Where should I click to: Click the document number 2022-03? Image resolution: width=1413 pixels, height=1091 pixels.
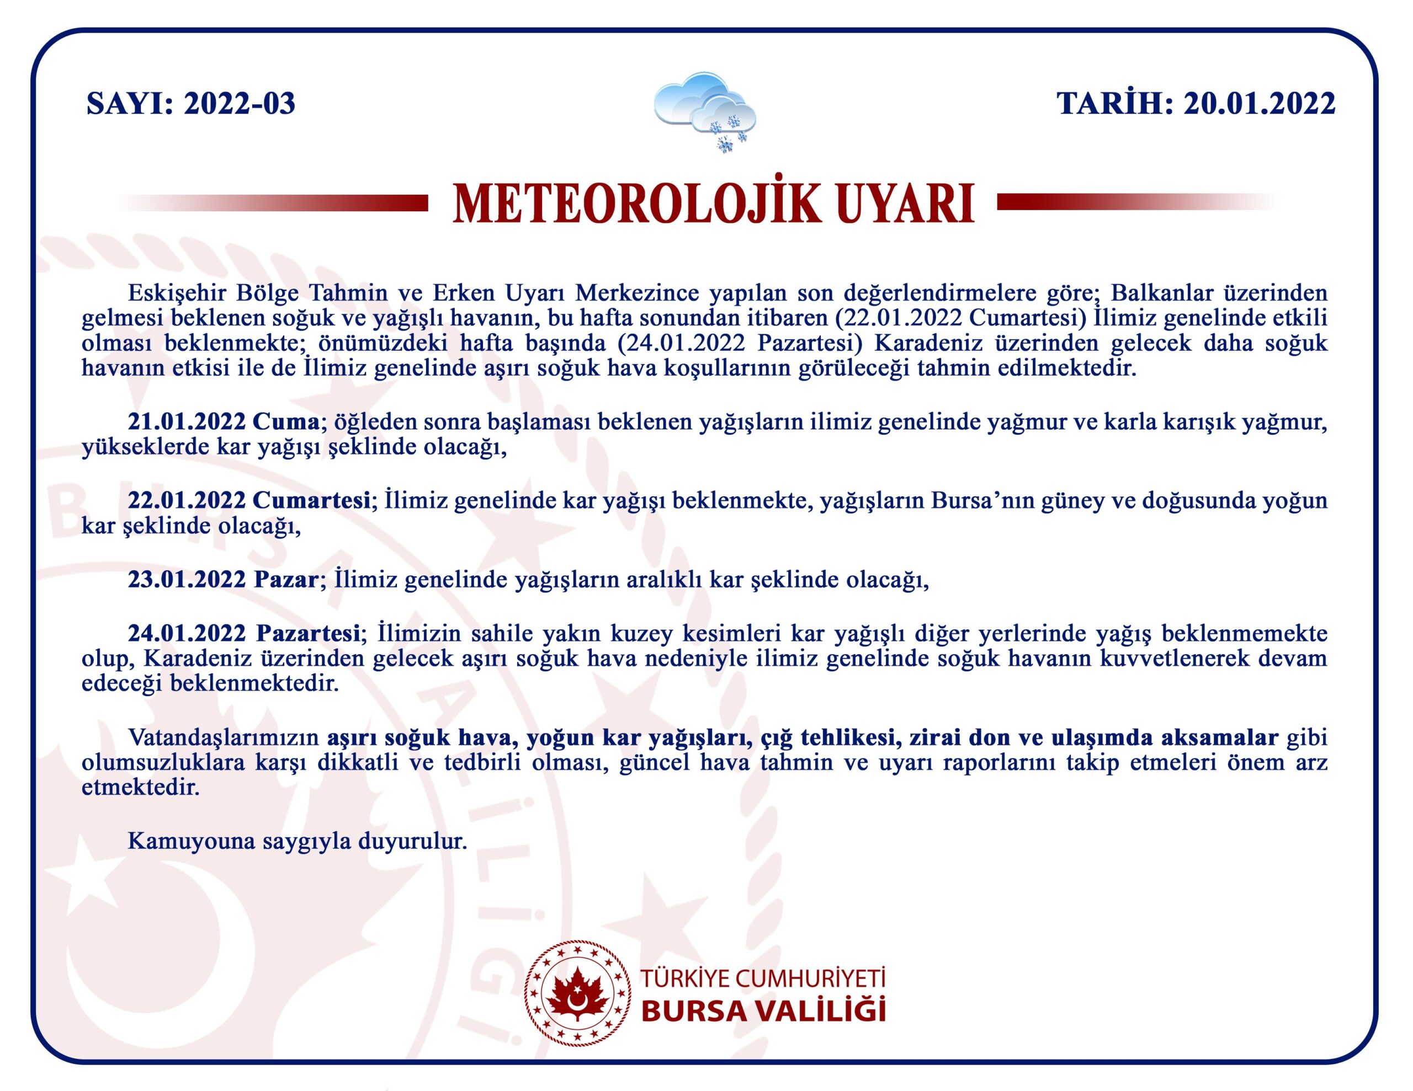click(x=240, y=104)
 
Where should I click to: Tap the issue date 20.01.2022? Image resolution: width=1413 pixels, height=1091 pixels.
click(x=1259, y=104)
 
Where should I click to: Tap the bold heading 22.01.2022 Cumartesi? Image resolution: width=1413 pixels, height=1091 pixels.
click(x=248, y=500)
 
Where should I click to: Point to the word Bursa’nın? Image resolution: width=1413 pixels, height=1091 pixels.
click(x=981, y=500)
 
